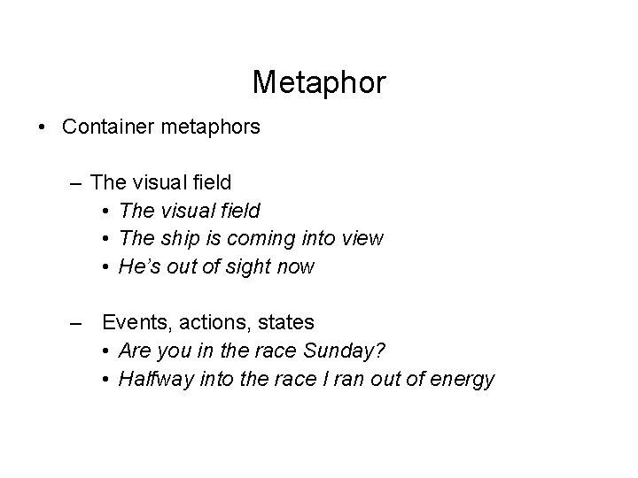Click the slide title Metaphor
319,82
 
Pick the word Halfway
154,379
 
